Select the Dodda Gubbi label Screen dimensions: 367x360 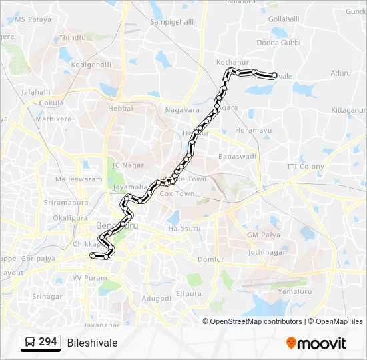pos(278,43)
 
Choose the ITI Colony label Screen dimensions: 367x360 pos(306,167)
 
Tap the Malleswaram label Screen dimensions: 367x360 pos(79,179)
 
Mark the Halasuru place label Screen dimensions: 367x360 pos(185,229)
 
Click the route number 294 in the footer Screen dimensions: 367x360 pos(47,342)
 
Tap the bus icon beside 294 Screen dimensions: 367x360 pos(30,343)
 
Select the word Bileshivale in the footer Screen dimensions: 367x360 pos(92,343)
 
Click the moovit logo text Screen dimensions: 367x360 pos(322,343)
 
